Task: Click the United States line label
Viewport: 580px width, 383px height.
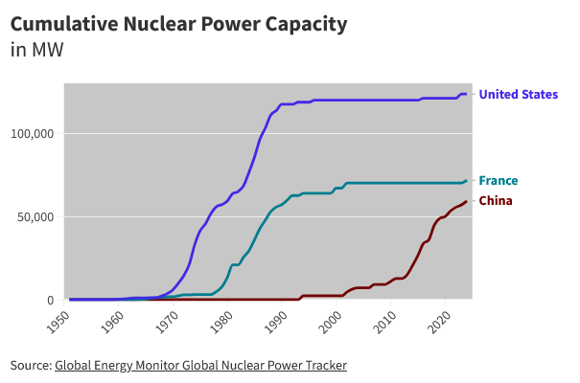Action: tap(518, 94)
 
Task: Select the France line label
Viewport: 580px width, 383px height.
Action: tap(499, 180)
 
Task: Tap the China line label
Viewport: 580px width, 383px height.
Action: tap(495, 201)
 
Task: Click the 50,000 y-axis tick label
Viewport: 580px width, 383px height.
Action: tap(35, 216)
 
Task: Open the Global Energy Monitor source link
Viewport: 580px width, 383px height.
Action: tap(200, 365)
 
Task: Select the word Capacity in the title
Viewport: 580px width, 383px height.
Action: tap(304, 24)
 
